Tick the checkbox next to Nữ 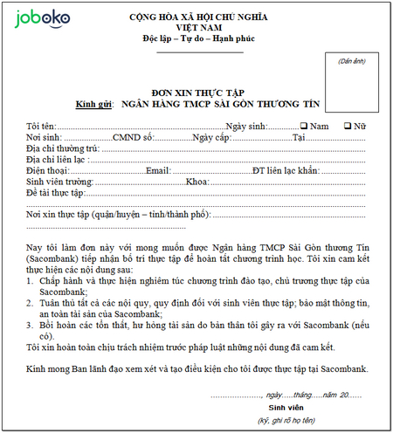pos(348,126)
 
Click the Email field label pos(159,170)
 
